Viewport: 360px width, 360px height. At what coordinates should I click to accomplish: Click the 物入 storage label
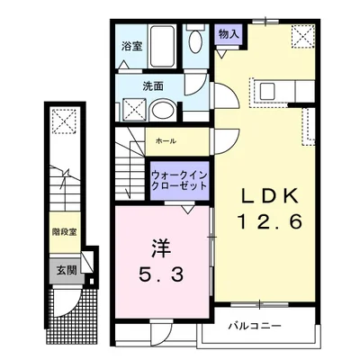click(229, 33)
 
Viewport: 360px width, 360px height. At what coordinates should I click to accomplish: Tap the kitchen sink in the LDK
click(266, 89)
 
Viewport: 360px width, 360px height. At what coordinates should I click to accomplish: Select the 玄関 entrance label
click(63, 269)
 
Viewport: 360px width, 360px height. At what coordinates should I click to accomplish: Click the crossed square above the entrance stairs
click(64, 122)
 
